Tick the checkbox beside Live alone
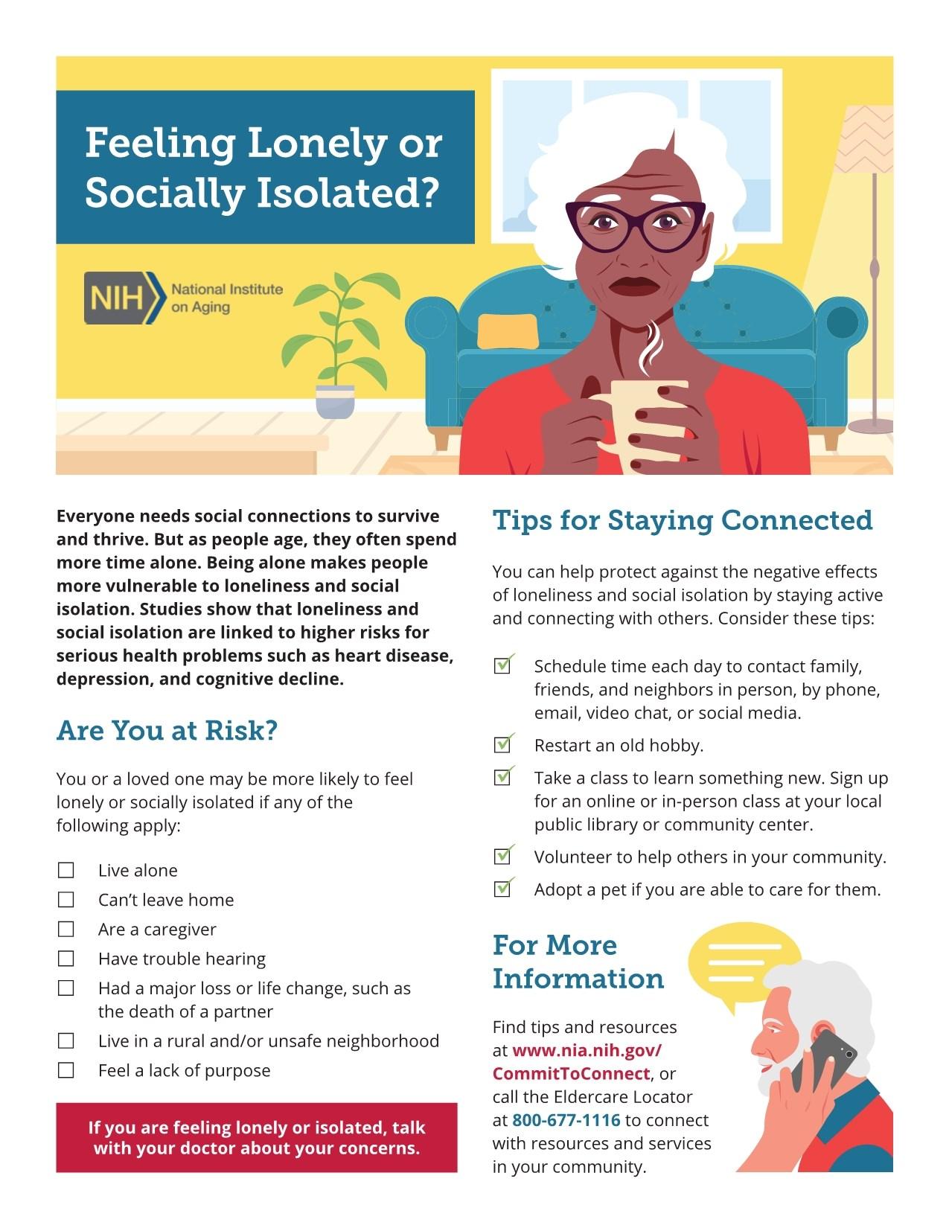[x=66, y=870]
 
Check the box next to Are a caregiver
[x=66, y=929]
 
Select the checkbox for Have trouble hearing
[x=66, y=959]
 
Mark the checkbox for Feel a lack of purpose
[x=66, y=1070]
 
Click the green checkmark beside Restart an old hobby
[x=503, y=743]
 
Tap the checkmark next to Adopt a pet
[x=503, y=888]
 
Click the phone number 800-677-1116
[x=566, y=1120]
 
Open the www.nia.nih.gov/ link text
[x=587, y=1051]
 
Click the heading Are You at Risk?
[x=167, y=731]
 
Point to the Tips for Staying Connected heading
[x=682, y=520]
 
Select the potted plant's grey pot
[x=335, y=401]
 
